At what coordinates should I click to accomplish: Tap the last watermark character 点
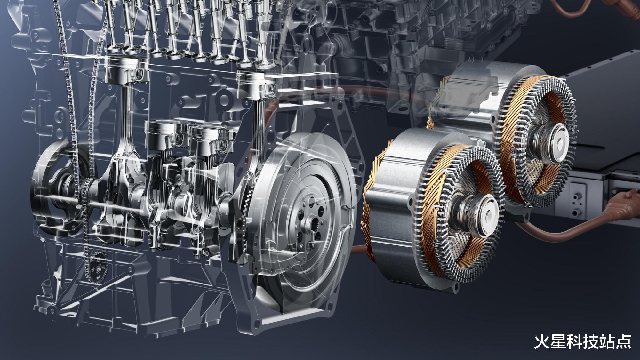point(623,341)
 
